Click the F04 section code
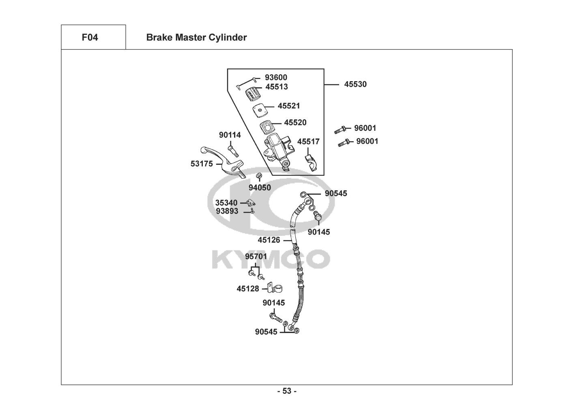[90, 37]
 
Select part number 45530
[355, 84]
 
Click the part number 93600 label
[276, 77]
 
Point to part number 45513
[277, 87]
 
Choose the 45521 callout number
[289, 106]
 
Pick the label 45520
[295, 122]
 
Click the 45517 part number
[308, 141]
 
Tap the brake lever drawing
[222, 162]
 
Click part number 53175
[202, 164]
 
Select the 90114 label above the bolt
[230, 135]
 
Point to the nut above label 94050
[259, 176]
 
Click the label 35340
[226, 203]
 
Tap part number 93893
[227, 211]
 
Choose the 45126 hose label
[269, 240]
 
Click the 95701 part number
[256, 256]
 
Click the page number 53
[287, 391]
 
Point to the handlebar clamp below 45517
[311, 163]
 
